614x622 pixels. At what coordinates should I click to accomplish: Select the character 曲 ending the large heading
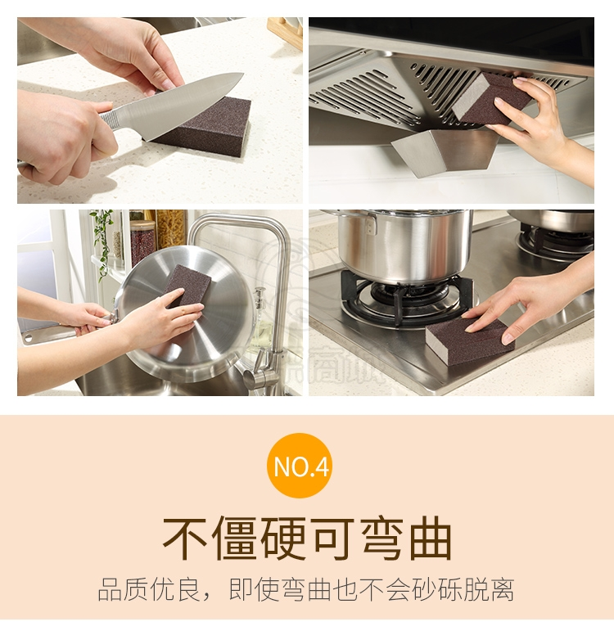click(431, 539)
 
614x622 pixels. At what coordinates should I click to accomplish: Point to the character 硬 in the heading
click(284, 539)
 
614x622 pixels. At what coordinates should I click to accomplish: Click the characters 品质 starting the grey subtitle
click(123, 590)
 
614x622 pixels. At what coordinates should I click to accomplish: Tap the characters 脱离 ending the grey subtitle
click(490, 590)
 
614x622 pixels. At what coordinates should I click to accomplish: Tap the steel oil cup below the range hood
click(445, 152)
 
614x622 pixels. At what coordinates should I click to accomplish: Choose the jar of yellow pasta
click(170, 229)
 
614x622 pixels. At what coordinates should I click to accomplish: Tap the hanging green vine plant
click(102, 242)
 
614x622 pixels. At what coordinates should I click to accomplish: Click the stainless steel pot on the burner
click(403, 246)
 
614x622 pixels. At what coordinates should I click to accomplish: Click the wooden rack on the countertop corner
click(285, 33)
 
